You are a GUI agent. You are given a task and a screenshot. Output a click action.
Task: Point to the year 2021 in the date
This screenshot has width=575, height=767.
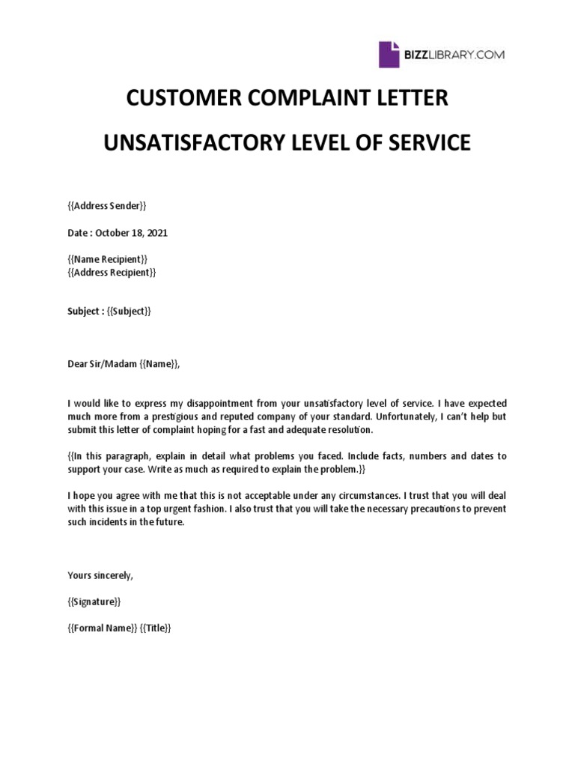[157, 233]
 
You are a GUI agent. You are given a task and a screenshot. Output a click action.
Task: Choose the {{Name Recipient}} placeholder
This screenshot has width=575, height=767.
[108, 259]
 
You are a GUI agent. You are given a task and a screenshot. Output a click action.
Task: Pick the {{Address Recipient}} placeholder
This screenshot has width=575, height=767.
[112, 272]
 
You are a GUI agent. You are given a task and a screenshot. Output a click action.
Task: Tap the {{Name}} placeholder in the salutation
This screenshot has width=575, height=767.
[160, 364]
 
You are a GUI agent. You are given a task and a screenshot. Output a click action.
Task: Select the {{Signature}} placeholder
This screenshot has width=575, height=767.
[94, 601]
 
